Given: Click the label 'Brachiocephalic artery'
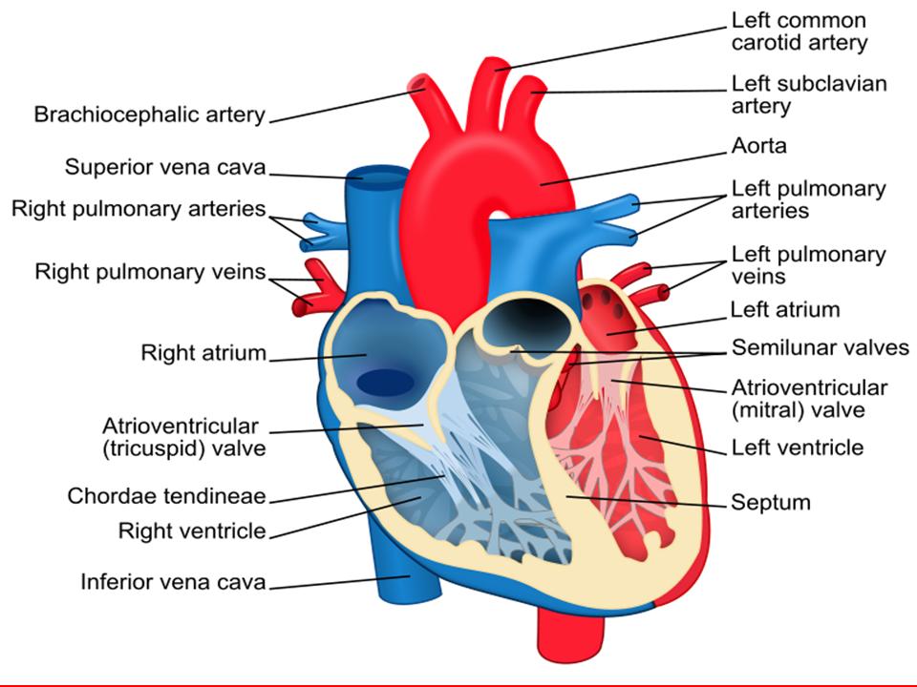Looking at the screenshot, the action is [150, 114].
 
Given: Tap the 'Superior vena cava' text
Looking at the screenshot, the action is [165, 167].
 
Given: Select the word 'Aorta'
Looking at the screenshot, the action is [758, 145].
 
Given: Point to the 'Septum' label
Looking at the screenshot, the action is [771, 503].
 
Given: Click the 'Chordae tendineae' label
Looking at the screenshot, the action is [166, 496].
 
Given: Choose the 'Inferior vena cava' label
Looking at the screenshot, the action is [173, 582].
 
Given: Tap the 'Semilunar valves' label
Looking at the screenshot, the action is [820, 347].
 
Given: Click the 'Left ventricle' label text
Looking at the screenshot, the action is [798, 448].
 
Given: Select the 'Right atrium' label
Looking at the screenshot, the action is [203, 353].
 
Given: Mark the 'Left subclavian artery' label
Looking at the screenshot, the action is [809, 94].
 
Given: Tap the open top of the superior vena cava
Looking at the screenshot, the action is [378, 175].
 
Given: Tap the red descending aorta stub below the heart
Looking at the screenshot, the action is [570, 634].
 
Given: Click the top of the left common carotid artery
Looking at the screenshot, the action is [494, 63].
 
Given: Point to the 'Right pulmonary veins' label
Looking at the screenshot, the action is [150, 272].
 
